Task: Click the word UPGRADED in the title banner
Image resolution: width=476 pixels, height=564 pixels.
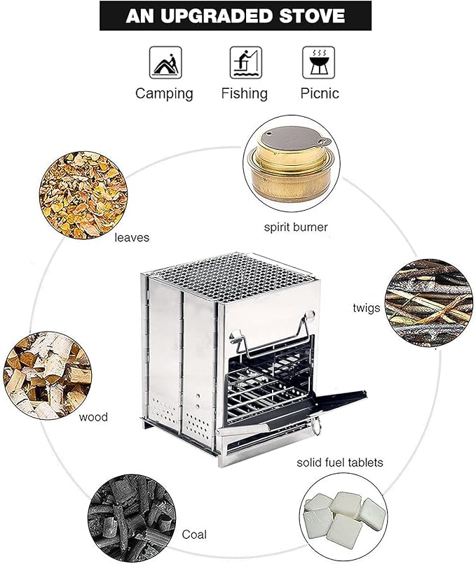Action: (215, 16)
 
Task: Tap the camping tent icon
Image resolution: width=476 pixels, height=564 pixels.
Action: (165, 62)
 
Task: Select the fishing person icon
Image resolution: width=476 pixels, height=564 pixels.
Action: (246, 62)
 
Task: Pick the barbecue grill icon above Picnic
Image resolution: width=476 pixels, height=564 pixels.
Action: (318, 62)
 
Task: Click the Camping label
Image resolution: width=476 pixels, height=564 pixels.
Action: (164, 94)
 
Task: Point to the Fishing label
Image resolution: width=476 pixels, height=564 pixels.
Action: (244, 94)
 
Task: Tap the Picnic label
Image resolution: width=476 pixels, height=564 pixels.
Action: (320, 93)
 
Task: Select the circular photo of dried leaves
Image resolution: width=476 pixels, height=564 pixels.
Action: (83, 195)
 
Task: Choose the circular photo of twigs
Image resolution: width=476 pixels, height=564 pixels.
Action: (429, 303)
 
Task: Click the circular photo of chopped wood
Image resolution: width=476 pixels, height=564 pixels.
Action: (48, 376)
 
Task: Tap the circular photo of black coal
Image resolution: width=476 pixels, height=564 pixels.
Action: (132, 519)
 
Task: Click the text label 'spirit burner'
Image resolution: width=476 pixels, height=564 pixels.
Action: (295, 227)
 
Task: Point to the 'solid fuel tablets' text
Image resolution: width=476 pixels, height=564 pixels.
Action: (340, 463)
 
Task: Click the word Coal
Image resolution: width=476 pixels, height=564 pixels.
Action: (194, 535)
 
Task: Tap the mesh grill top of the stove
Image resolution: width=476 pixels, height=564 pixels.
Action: (233, 276)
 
